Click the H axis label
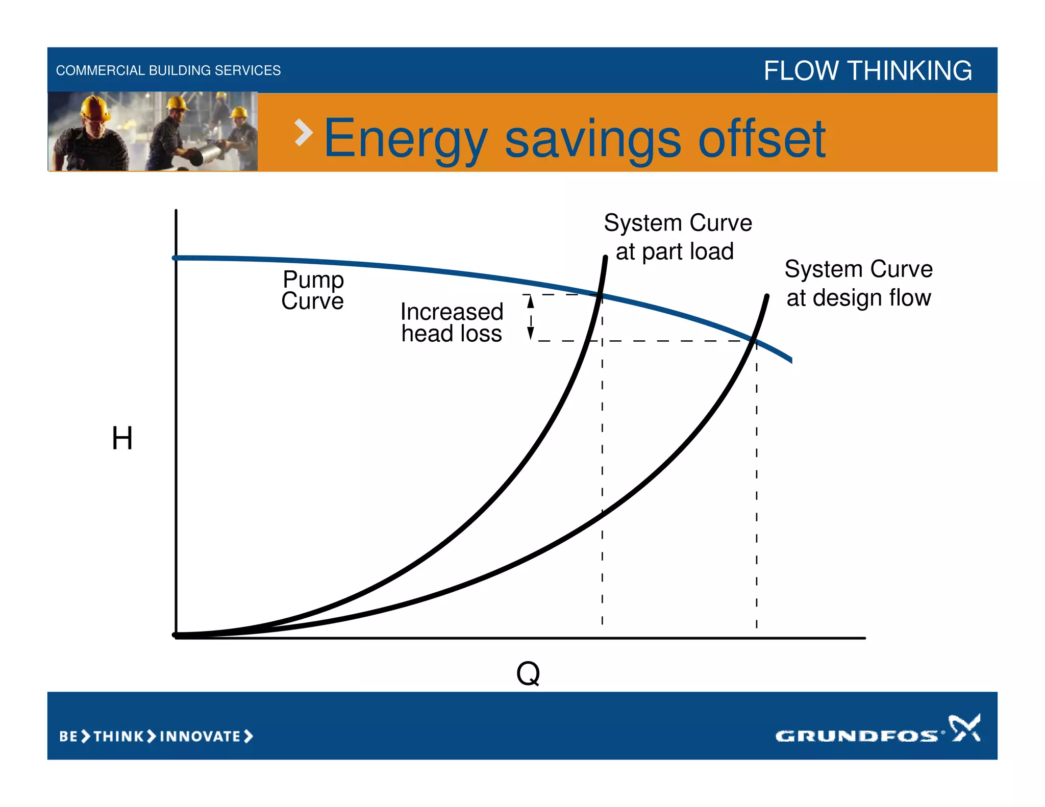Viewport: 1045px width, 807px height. (x=122, y=438)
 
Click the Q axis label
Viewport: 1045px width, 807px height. (x=528, y=673)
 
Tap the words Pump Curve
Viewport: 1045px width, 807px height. (x=313, y=290)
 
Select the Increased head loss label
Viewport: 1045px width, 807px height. (x=452, y=322)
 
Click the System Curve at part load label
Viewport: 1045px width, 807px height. (x=677, y=237)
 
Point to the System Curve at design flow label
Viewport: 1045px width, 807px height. (x=858, y=283)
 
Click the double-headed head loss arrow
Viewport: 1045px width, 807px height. (x=531, y=317)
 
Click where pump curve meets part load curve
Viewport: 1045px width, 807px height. (x=601, y=295)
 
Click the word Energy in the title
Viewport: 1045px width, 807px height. (x=406, y=139)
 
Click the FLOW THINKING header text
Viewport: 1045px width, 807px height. (x=867, y=70)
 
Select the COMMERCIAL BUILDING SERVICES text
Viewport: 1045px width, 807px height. (x=168, y=70)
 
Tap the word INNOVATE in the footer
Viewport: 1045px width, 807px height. (x=200, y=736)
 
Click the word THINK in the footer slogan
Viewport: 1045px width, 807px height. (x=118, y=736)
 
